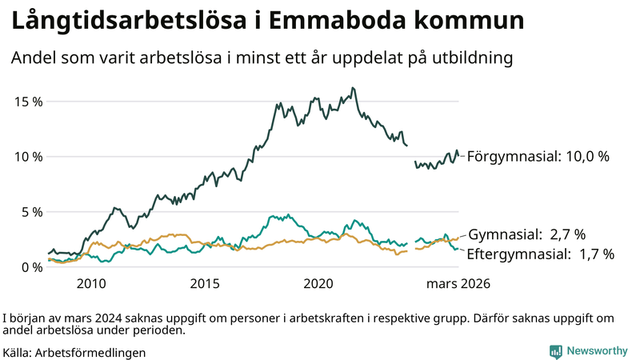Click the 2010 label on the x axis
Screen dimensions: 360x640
(91, 284)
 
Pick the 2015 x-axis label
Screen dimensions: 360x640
(205, 284)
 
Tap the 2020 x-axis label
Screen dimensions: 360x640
(318, 284)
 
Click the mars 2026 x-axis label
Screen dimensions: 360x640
(458, 284)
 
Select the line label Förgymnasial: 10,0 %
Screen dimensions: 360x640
(538, 156)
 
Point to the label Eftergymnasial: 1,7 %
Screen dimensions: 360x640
(541, 254)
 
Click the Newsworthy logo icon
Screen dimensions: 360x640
(555, 350)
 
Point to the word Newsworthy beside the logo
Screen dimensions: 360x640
(597, 350)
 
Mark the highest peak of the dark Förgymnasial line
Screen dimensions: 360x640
(353, 88)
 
